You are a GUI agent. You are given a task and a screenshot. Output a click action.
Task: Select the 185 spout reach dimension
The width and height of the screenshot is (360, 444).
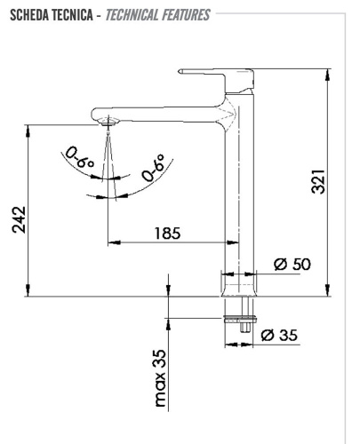[166, 233]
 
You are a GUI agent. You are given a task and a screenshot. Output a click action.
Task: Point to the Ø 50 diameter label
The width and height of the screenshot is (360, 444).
[291, 264]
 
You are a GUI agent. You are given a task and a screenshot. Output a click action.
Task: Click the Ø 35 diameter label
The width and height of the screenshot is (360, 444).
[282, 336]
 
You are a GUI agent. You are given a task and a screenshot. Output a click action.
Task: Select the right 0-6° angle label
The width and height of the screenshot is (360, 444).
[153, 168]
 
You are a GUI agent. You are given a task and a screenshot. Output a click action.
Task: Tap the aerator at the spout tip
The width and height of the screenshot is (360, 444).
[107, 119]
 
